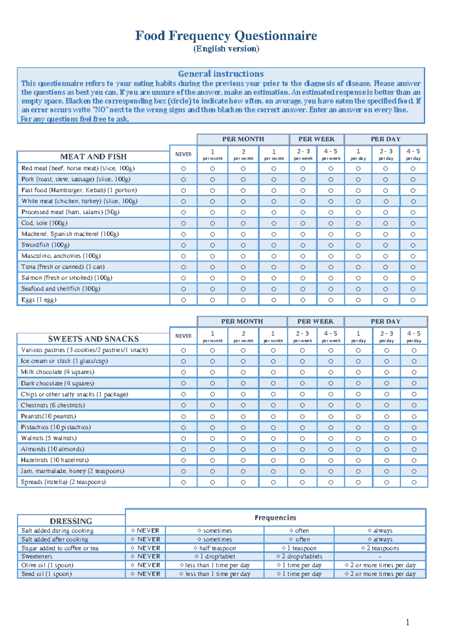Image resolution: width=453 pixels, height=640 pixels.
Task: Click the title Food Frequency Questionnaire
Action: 226,36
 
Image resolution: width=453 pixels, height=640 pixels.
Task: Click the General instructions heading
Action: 221,74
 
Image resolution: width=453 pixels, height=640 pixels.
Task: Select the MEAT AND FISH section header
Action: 93,157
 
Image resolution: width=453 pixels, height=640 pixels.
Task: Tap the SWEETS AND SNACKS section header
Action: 93,339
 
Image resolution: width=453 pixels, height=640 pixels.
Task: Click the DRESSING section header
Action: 71,521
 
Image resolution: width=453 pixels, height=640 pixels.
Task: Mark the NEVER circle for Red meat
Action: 183,169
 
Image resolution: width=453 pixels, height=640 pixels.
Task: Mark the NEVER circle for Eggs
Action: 183,300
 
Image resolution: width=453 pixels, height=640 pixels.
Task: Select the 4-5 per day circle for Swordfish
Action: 413,245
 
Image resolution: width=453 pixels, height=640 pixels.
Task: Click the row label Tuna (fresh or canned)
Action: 63,267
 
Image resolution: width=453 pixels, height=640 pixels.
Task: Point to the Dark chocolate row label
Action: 57,383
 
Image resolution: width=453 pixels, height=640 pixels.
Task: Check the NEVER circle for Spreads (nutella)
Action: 183,482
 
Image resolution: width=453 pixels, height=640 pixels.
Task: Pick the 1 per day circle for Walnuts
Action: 358,438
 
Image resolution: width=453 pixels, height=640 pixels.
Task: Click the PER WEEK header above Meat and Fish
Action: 316,139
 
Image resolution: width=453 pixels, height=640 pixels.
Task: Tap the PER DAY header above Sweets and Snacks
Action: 385,322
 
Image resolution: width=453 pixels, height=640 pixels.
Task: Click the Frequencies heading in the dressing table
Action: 275,518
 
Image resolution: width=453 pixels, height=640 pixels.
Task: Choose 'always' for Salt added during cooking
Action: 380,531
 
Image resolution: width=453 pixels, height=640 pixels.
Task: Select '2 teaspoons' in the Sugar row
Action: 380,548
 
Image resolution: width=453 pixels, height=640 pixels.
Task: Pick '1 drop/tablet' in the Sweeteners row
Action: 215,556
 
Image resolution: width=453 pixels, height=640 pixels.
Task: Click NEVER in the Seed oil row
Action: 146,574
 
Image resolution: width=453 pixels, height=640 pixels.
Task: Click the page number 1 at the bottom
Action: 408,622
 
